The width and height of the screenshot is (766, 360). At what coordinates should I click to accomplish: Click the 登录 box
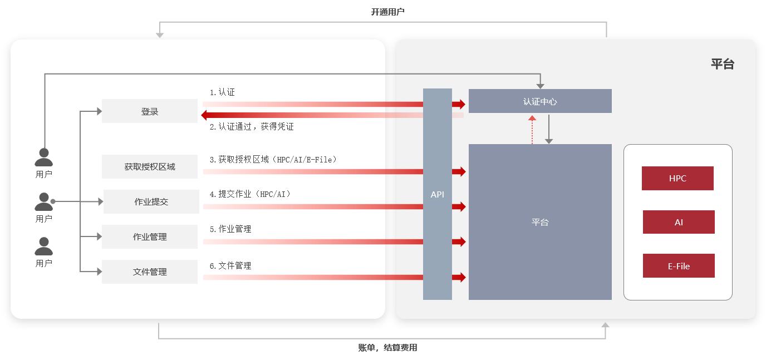point(150,111)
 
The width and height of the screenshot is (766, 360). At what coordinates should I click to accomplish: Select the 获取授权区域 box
point(150,166)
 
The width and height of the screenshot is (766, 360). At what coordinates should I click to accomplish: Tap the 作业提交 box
point(151,201)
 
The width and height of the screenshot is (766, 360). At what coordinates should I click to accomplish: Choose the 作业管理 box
point(150,236)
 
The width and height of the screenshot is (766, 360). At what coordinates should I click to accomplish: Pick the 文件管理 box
point(150,272)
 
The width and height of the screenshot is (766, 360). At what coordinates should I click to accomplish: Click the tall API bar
point(438,194)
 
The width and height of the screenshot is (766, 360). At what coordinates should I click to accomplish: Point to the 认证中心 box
point(540,101)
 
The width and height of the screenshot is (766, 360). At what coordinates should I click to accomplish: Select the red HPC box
point(677,179)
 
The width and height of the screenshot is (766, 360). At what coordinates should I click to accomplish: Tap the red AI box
point(679,222)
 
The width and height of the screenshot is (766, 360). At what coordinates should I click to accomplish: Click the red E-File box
point(679,266)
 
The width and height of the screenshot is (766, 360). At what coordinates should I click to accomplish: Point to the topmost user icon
point(43,157)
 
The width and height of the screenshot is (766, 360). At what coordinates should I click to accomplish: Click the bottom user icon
point(43,246)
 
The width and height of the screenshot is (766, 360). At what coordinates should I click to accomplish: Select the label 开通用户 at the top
point(387,12)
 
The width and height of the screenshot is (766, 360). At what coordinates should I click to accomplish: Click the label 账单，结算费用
point(387,348)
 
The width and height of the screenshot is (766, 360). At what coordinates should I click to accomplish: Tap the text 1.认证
point(222,92)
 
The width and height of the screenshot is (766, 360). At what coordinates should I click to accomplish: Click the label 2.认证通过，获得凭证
point(252,127)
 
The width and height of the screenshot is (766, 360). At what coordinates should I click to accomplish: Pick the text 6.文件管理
point(230,266)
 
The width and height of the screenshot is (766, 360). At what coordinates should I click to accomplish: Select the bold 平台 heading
point(723,64)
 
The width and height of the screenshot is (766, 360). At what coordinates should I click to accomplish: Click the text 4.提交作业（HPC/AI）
point(251,194)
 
